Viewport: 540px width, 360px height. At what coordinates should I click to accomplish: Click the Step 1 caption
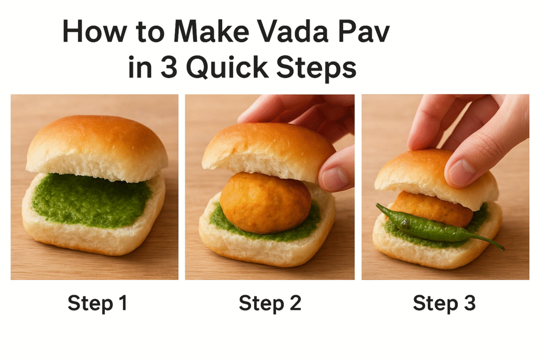[97, 304]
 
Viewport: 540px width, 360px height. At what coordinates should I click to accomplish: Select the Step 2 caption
[269, 304]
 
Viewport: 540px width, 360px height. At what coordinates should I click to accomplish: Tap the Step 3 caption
[444, 304]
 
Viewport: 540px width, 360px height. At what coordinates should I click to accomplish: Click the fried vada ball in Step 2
[265, 202]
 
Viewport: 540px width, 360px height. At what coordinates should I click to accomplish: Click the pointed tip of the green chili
[502, 248]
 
